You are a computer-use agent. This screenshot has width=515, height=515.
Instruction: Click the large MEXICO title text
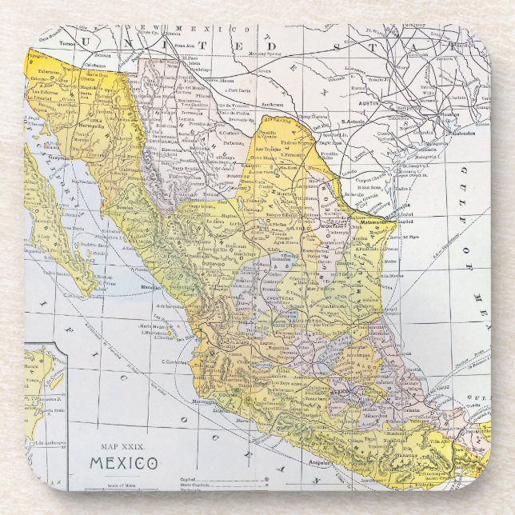[123, 463]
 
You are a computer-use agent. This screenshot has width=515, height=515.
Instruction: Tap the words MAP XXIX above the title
[122, 446]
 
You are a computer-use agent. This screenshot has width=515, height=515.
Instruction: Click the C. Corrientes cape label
[175, 362]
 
